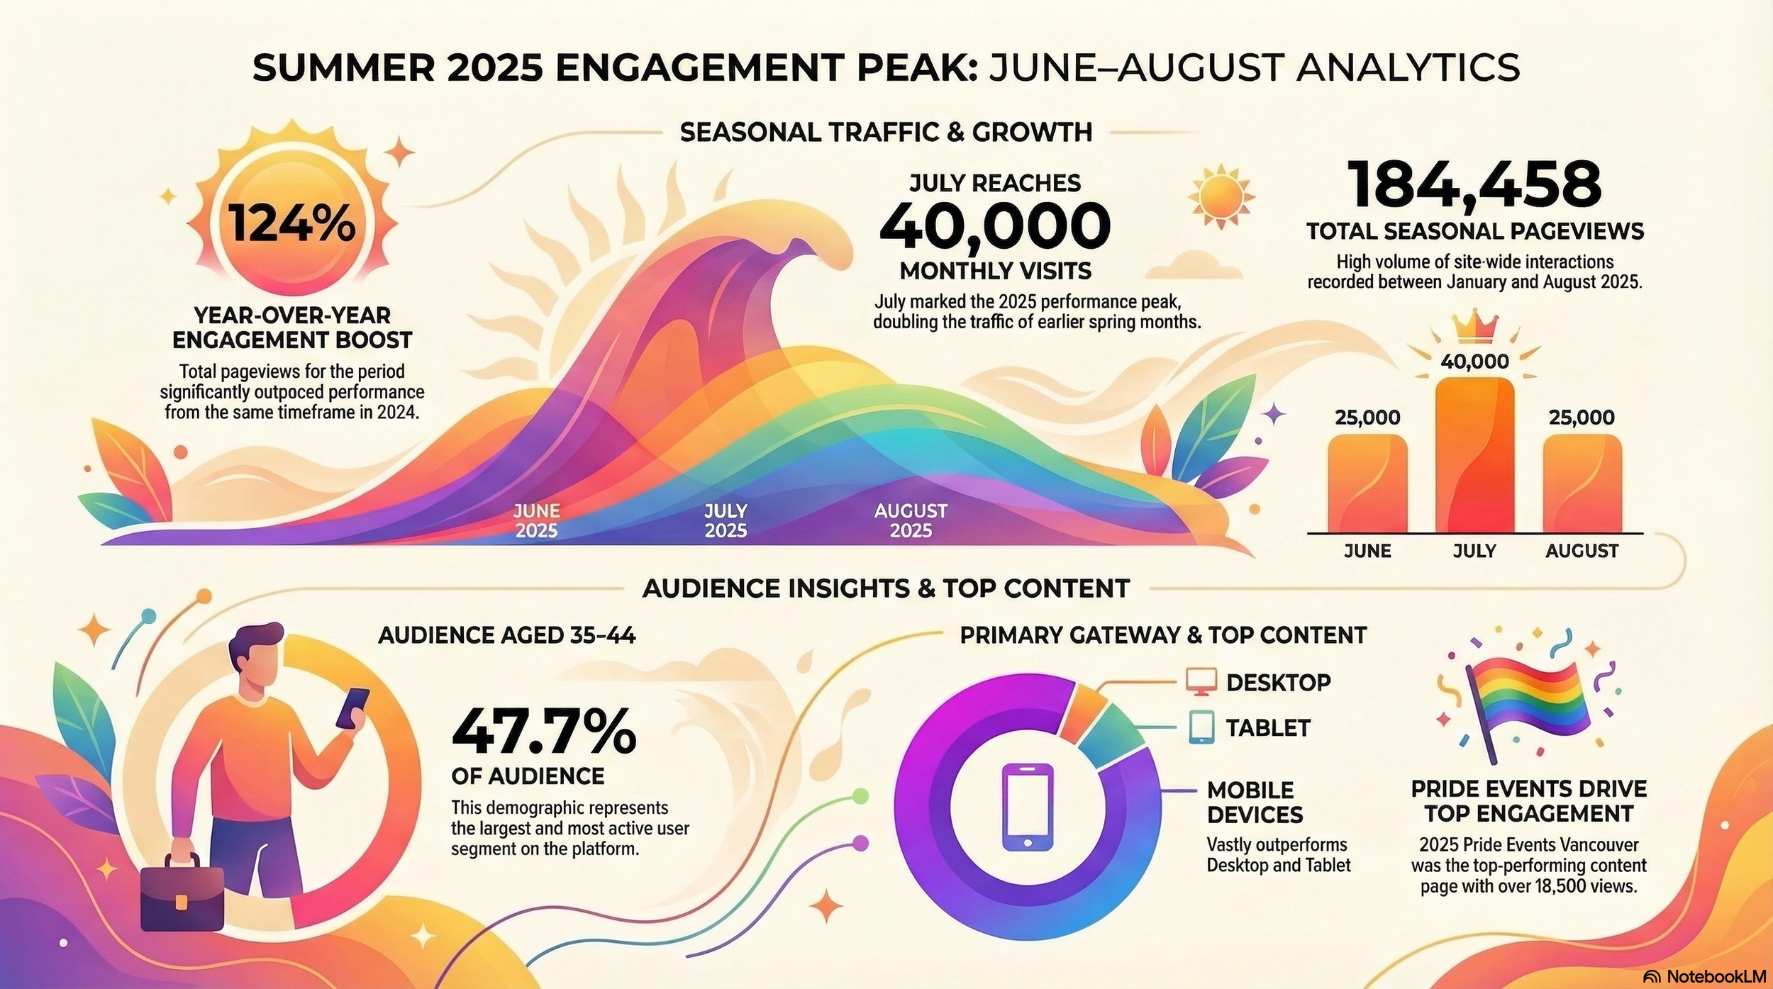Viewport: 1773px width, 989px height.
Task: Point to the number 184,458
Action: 1474,184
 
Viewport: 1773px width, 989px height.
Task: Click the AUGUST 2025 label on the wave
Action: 911,520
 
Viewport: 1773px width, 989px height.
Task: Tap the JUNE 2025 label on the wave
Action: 536,520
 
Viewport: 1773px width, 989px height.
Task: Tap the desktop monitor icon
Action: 1201,682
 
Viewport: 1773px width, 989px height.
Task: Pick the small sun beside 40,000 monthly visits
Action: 1221,196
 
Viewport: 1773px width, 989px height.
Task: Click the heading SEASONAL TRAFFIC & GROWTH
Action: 886,133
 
